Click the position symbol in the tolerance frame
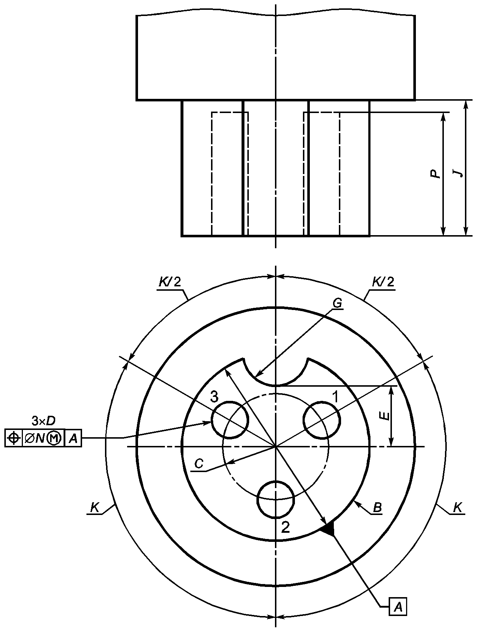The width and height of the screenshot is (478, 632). [x=14, y=438]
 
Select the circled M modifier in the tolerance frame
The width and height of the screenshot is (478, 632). [x=54, y=438]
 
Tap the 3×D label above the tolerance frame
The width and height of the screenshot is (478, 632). [x=44, y=421]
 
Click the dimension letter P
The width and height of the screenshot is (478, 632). [x=435, y=174]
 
